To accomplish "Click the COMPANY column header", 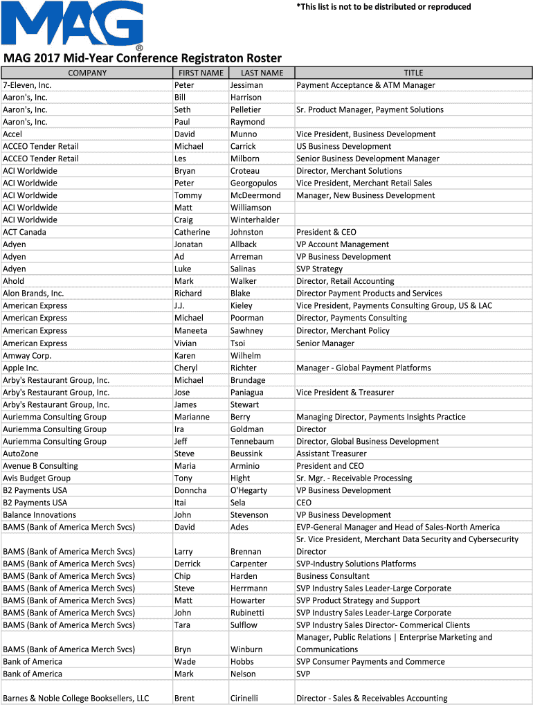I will [87, 73].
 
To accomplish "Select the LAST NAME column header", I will [262, 73].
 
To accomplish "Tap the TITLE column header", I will [413, 73].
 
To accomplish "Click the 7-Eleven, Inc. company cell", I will [27, 85].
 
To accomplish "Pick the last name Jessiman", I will [246, 85].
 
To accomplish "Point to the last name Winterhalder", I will [255, 220].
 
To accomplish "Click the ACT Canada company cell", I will [24, 232].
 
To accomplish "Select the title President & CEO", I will [326, 232].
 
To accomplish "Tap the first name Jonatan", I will [188, 244].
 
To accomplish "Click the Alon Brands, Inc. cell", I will [33, 294].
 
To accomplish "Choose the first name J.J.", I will [179, 306].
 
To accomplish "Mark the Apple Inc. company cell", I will [21, 368].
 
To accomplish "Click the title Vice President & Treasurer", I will [345, 393].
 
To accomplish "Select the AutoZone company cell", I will [21, 454].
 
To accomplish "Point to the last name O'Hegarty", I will [249, 490].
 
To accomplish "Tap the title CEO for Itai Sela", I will [304, 503].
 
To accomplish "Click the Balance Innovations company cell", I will [39, 515].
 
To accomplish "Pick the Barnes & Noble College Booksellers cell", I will [76, 699].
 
